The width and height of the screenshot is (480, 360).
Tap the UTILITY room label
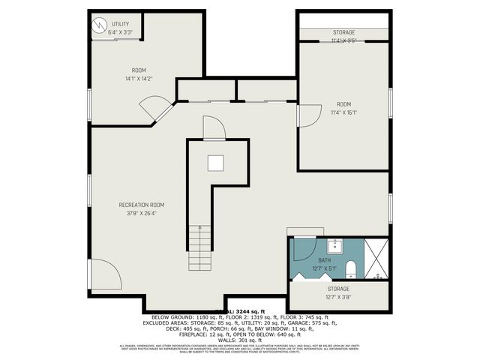point(120,24)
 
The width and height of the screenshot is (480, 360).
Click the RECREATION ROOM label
point(141,205)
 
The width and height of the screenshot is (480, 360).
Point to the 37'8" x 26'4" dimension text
point(141,214)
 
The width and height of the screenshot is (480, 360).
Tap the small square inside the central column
point(216,162)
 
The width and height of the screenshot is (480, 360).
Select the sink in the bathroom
point(335,245)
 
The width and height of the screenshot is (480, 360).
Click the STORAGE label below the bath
point(338,289)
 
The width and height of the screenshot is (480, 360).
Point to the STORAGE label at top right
point(344,32)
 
